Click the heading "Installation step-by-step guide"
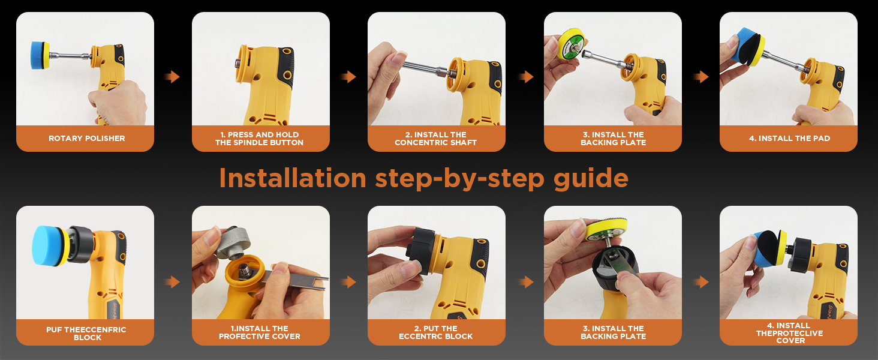coord(423,178)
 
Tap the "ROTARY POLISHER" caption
coord(86,139)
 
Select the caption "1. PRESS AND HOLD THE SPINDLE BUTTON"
coord(260,139)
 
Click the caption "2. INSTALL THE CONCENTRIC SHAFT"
coord(436,139)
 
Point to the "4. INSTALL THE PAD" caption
coord(789,139)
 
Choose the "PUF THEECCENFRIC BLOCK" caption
coord(86,334)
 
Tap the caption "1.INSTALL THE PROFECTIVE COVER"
coord(260,332)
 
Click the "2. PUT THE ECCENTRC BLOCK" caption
coord(436,332)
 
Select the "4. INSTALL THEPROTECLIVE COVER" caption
coord(789,333)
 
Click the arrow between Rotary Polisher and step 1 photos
coord(173,76)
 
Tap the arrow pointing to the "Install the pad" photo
coord(701,76)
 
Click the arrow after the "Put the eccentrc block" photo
coord(525,281)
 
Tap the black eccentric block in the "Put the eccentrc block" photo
coord(421,250)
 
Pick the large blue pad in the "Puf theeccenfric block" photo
coord(45,246)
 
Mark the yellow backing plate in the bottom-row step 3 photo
coord(606,230)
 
